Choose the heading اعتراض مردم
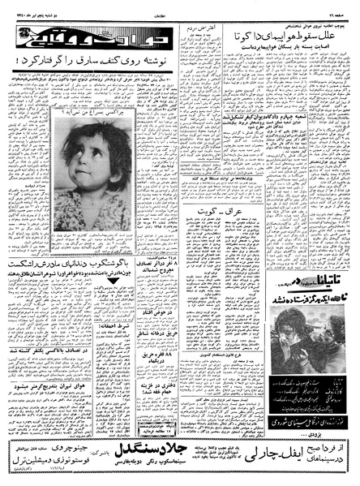(202, 32)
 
